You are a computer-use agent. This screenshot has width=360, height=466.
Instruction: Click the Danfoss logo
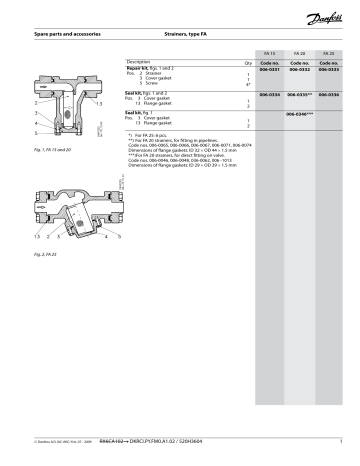[x=326, y=17]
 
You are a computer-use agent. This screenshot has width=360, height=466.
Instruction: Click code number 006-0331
[x=270, y=69]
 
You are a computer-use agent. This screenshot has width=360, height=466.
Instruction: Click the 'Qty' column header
[x=248, y=61]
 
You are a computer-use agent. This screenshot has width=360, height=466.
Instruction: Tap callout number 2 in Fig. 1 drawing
[x=36, y=103]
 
